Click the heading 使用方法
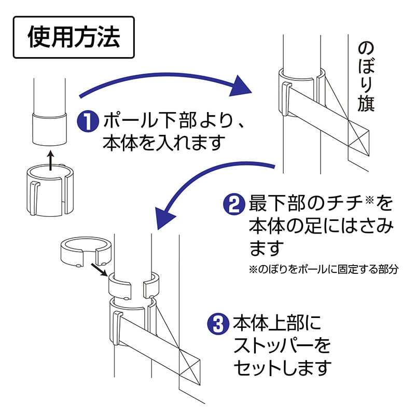(73, 37)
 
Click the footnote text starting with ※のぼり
(324, 270)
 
